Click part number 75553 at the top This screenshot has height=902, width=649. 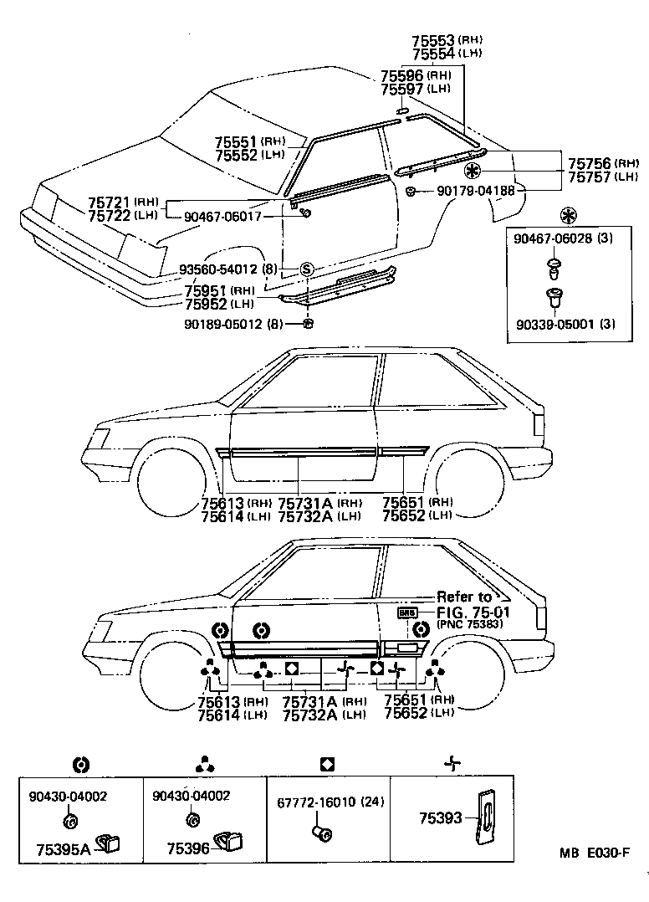tap(432, 39)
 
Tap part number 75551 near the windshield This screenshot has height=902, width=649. tap(238, 142)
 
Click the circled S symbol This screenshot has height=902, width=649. tap(307, 269)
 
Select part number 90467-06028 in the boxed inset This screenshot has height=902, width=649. tap(552, 238)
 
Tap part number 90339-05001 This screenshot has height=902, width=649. tap(552, 324)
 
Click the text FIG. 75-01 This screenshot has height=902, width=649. tap(473, 612)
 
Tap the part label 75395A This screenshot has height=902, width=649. tap(64, 848)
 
